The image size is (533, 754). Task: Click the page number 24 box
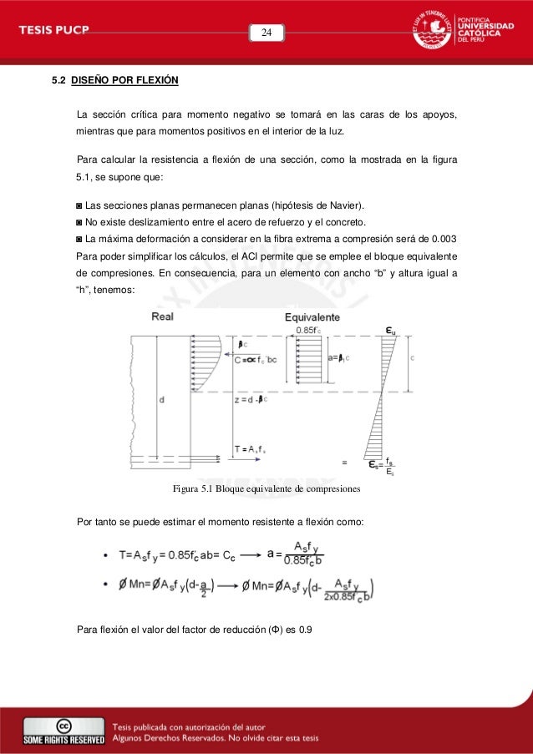tap(266, 33)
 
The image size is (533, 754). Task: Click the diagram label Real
tap(163, 317)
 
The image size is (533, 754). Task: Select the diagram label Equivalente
tap(312, 317)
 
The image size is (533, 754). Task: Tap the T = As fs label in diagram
tap(251, 448)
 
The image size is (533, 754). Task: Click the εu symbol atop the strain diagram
tap(390, 330)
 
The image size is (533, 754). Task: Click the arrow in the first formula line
tap(247, 553)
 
